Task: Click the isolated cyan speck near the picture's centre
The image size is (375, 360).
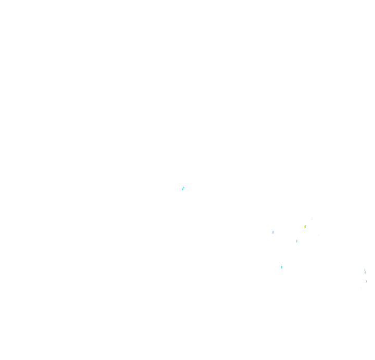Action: tap(183, 188)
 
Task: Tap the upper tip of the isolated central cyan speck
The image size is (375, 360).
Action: tap(183, 187)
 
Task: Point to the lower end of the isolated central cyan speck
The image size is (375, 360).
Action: tap(182, 190)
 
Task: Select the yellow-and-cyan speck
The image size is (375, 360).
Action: tap(305, 226)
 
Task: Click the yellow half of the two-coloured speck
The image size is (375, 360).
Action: tap(305, 226)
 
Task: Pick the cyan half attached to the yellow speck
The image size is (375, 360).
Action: tap(306, 227)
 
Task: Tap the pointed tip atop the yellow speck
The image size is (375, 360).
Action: tap(305, 225)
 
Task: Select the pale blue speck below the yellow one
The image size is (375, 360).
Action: tap(297, 241)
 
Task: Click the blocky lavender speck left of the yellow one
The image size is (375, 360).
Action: tap(273, 233)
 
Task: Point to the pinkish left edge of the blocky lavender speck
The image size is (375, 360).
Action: tap(272, 233)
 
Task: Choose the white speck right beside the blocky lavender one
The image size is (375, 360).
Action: tap(276, 235)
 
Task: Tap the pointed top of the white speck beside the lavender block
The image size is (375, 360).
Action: tap(276, 234)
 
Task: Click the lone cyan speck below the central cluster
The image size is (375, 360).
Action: tap(282, 267)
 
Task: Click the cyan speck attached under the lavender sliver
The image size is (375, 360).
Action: tap(365, 273)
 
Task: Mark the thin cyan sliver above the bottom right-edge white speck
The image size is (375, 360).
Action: tap(366, 281)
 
